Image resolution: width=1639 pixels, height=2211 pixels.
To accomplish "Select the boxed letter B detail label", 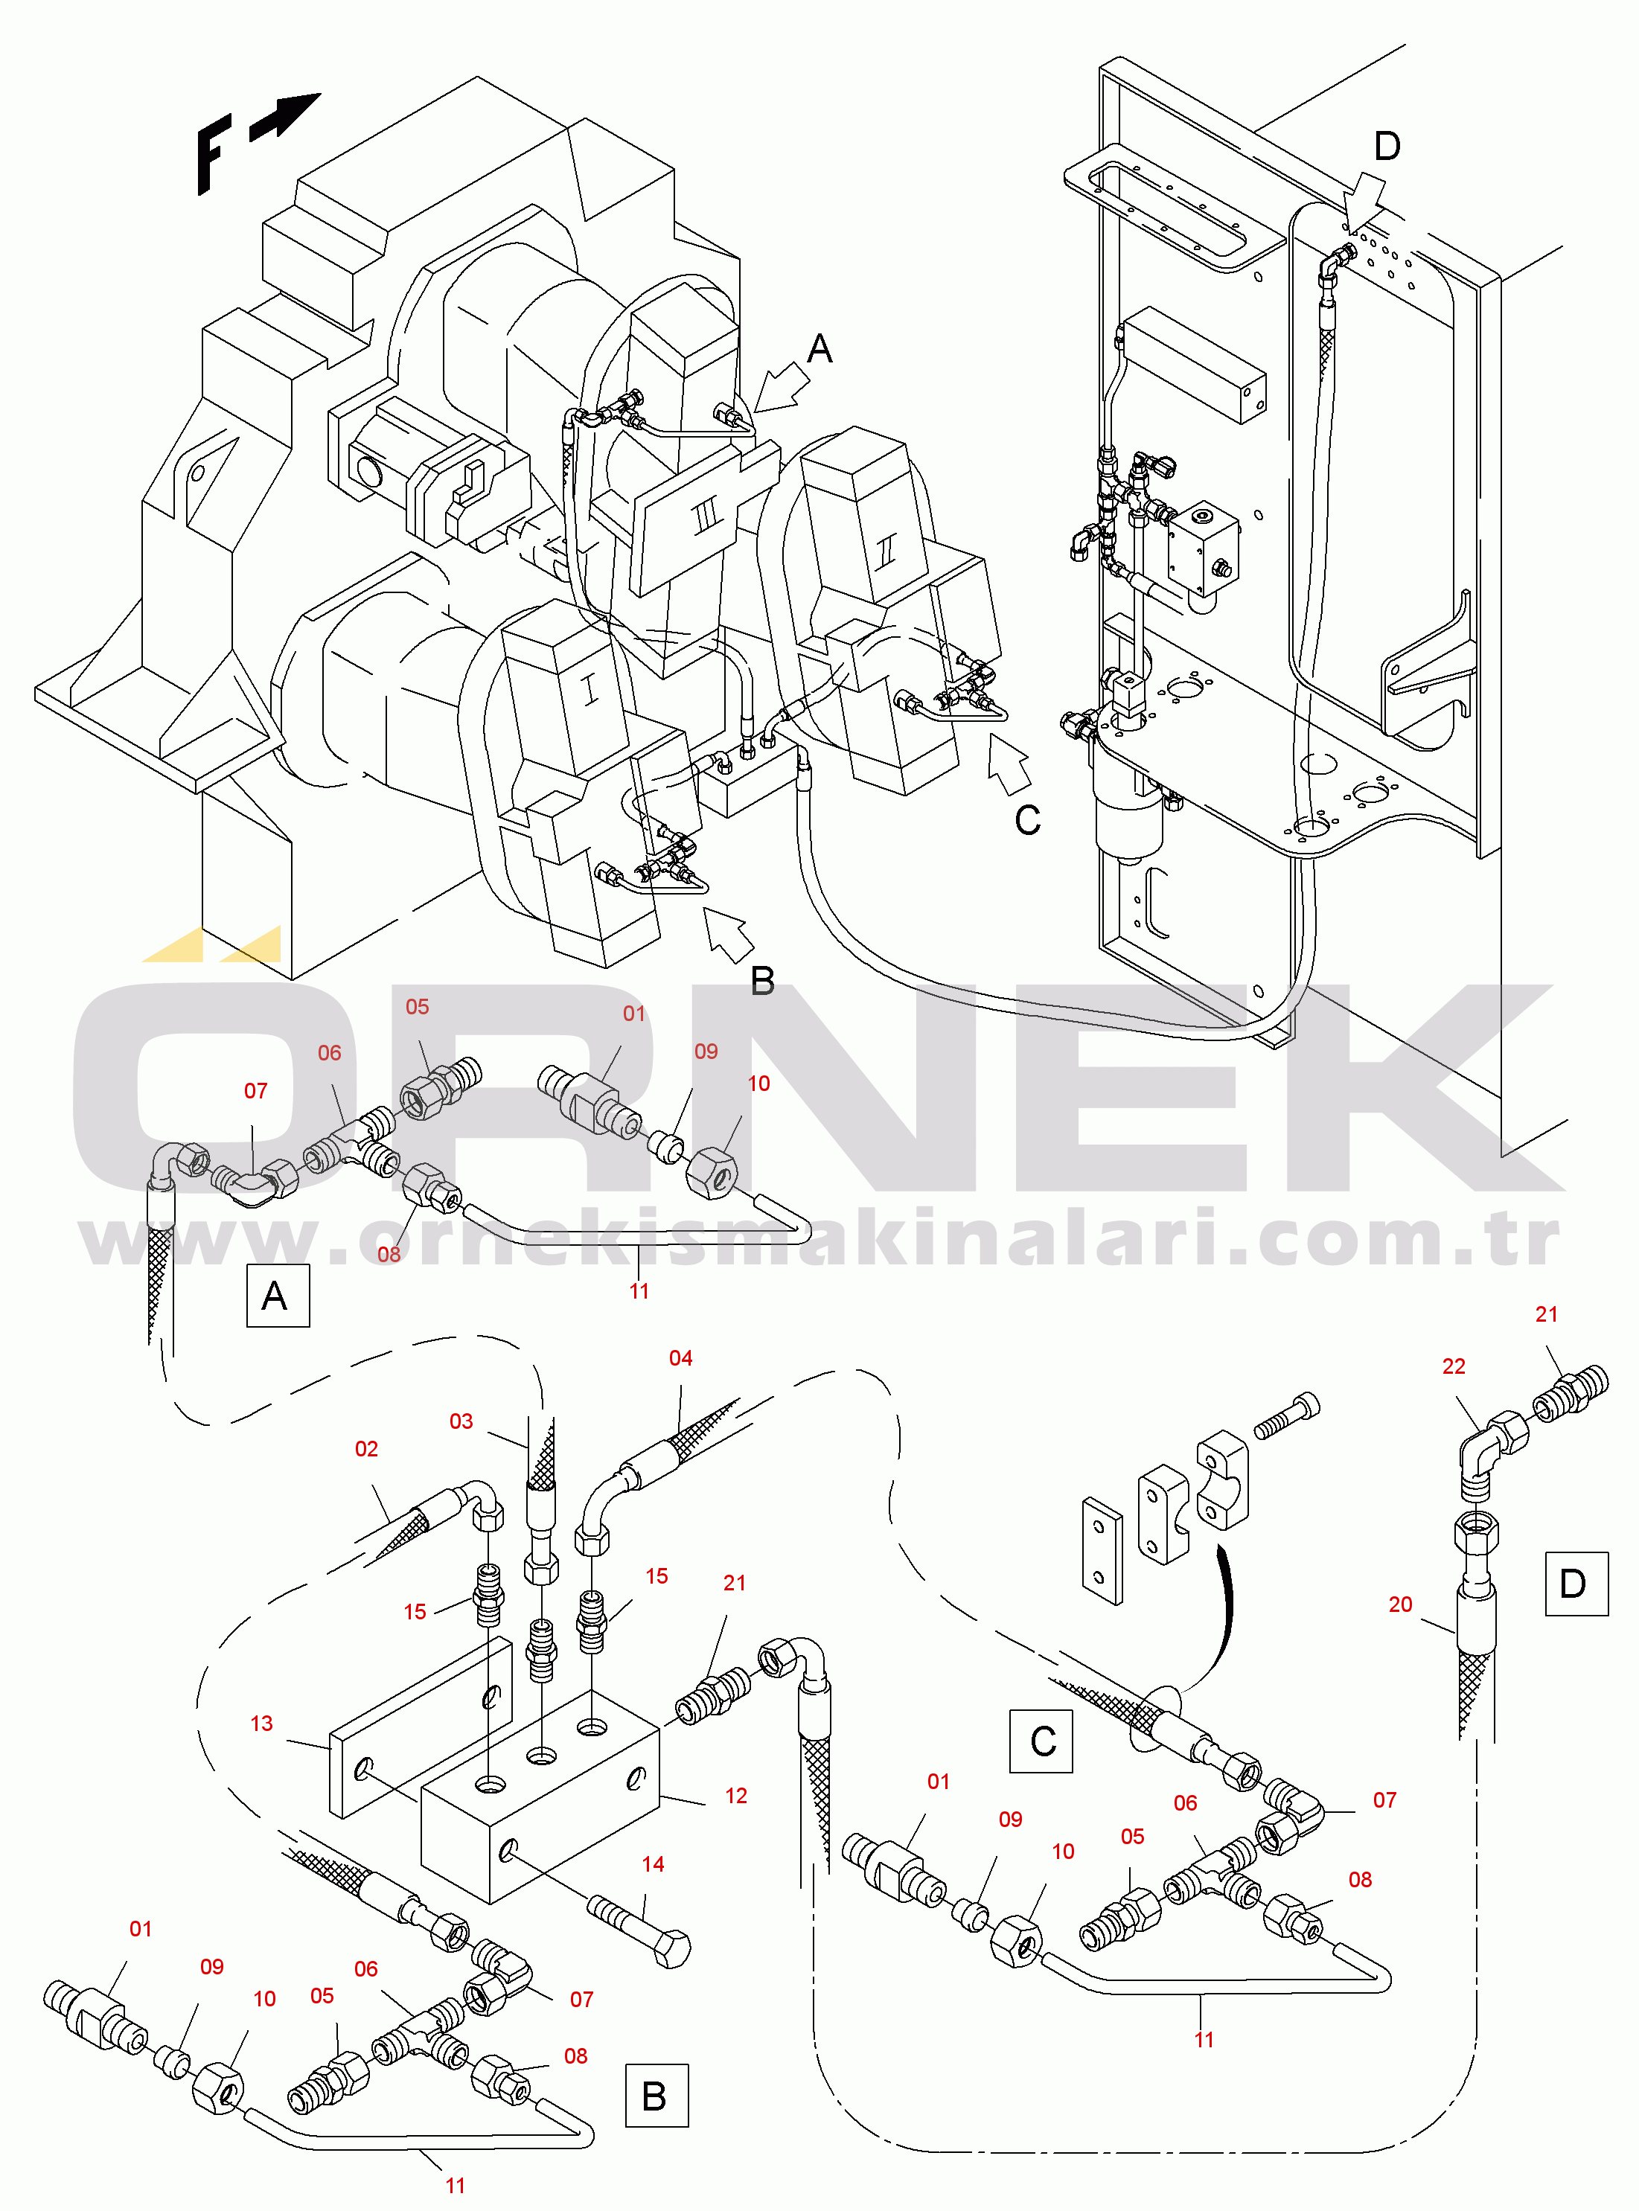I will (656, 2096).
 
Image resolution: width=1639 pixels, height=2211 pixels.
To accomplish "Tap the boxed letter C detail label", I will (1041, 1741).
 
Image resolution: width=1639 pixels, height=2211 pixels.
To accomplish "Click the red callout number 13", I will (261, 1723).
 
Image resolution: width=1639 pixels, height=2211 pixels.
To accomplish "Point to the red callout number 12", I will (735, 1796).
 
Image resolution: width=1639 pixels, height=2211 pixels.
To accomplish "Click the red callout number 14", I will (652, 1863).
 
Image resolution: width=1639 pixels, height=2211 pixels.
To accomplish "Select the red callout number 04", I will (680, 1358).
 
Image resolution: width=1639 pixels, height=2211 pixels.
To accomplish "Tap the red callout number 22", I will (1454, 1366).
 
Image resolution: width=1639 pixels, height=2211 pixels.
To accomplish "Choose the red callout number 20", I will (1400, 1604).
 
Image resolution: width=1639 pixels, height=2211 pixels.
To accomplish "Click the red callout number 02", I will (366, 1448).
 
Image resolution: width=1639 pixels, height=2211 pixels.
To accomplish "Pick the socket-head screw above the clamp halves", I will (1287, 1415).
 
